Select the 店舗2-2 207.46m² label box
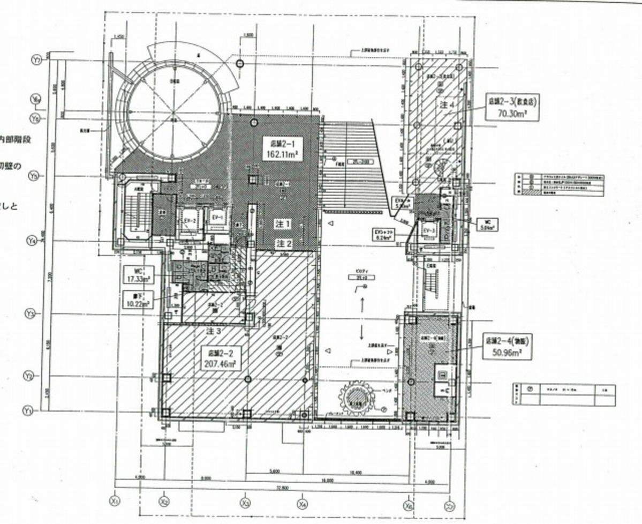pos(219,358)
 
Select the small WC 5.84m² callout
pos(486,223)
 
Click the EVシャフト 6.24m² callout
pos(384,234)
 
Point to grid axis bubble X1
pos(114,501)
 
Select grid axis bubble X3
pos(246,503)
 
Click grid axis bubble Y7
pos(36,61)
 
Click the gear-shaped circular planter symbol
pos(353,399)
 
